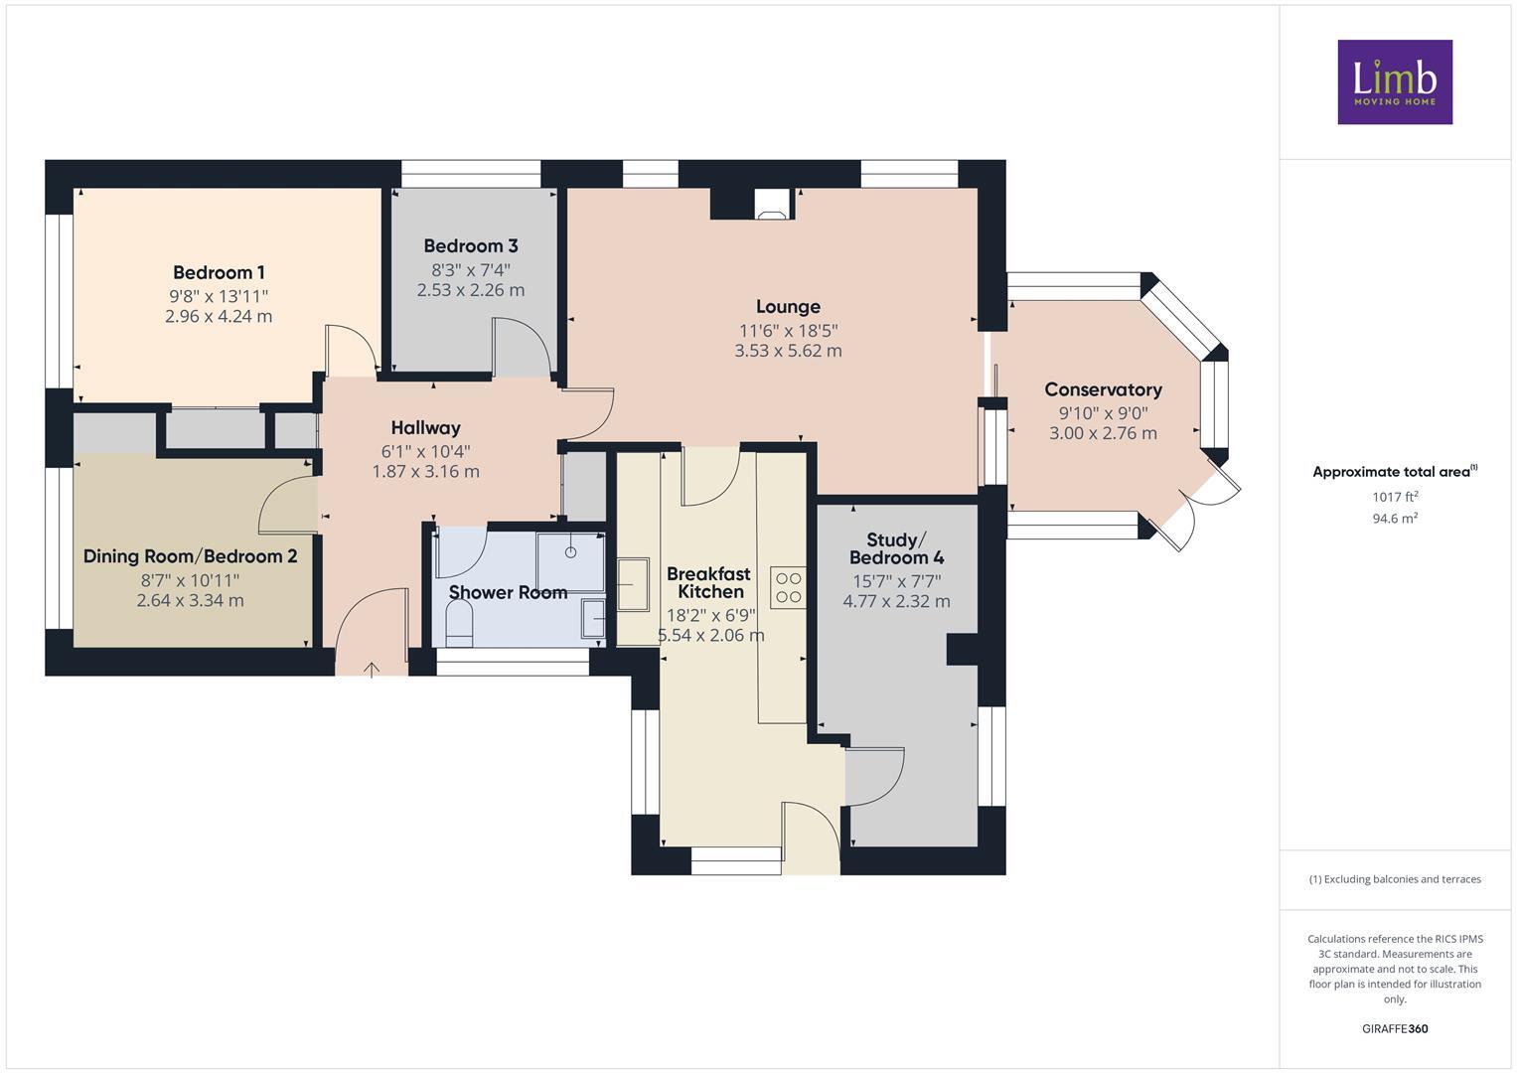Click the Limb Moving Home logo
click(1395, 82)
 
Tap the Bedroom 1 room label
click(219, 272)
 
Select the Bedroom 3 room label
click(470, 246)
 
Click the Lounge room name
click(788, 307)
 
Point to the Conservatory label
click(1103, 389)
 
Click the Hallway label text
click(425, 428)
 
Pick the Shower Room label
click(508, 593)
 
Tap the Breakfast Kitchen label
click(708, 582)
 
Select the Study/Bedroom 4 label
click(896, 548)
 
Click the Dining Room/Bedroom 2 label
click(190, 556)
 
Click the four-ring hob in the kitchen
click(788, 587)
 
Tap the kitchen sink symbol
click(633, 584)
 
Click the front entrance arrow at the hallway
click(372, 670)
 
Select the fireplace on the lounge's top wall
click(772, 205)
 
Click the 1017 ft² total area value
click(1395, 497)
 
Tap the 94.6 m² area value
click(1395, 519)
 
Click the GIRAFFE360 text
click(1395, 1029)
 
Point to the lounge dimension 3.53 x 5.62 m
click(788, 351)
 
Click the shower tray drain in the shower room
click(571, 551)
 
